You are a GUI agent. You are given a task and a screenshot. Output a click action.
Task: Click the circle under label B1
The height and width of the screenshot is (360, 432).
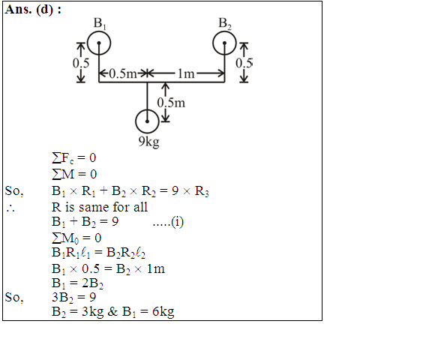(88, 43)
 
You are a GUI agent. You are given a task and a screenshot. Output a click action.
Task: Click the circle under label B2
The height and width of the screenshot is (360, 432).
(213, 43)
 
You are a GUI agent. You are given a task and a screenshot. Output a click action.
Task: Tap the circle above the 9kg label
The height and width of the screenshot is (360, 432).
(136, 121)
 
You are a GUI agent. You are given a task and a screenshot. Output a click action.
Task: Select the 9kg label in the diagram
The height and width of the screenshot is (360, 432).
(148, 142)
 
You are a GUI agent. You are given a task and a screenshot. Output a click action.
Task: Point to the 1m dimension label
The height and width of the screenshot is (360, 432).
(186, 73)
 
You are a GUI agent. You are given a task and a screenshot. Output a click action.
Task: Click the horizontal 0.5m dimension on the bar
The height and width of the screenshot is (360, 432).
(123, 73)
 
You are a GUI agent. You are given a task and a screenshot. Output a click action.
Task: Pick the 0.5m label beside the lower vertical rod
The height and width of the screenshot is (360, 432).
(171, 103)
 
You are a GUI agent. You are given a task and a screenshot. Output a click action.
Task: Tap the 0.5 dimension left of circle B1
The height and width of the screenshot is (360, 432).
(81, 63)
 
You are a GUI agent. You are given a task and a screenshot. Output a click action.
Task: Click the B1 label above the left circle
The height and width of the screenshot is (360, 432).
(100, 23)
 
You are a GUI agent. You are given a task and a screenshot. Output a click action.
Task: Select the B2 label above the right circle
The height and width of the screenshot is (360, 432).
(225, 23)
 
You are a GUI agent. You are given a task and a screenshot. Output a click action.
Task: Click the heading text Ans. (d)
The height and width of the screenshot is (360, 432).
(33, 10)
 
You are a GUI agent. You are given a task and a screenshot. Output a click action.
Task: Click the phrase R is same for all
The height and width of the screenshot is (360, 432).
(100, 207)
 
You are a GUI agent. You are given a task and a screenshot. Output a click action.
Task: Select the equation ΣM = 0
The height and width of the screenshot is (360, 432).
(74, 174)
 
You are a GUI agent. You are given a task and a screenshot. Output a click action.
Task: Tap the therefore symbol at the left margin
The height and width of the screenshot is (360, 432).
(10, 208)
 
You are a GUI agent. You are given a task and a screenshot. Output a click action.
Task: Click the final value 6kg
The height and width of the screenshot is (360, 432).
(163, 312)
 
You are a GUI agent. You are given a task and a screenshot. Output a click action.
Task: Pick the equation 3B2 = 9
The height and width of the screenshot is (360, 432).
(73, 298)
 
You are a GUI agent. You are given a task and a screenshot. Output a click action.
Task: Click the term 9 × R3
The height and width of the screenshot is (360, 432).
(190, 191)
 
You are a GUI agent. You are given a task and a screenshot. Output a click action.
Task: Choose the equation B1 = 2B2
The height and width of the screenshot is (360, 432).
(77, 283)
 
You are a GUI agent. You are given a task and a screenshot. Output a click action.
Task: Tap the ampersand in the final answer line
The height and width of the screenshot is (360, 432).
(112, 311)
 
